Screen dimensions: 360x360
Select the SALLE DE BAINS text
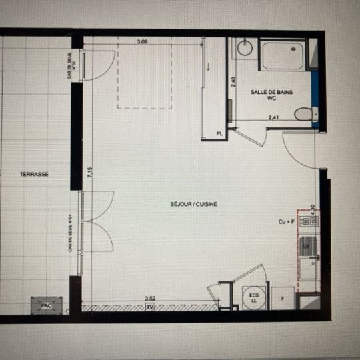tap(271, 92)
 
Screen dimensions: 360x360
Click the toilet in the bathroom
tap(304, 114)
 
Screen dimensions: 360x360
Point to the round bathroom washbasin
tap(245, 48)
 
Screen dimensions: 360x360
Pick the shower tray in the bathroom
tap(283, 55)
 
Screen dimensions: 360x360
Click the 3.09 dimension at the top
tap(142, 42)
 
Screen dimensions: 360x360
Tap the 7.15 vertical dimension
tap(89, 171)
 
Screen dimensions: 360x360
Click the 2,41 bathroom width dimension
tap(273, 117)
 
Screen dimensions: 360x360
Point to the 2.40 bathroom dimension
tap(233, 83)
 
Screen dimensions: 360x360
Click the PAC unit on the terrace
tap(46, 305)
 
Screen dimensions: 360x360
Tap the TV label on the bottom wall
tap(150, 307)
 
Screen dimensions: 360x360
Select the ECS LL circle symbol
tap(254, 298)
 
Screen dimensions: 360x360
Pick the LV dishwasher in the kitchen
tap(308, 246)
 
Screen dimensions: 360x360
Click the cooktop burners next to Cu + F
tap(308, 220)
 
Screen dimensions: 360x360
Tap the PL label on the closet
tap(219, 133)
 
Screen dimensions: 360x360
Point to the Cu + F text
tap(286, 221)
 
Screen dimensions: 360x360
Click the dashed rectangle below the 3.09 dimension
tap(144, 73)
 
